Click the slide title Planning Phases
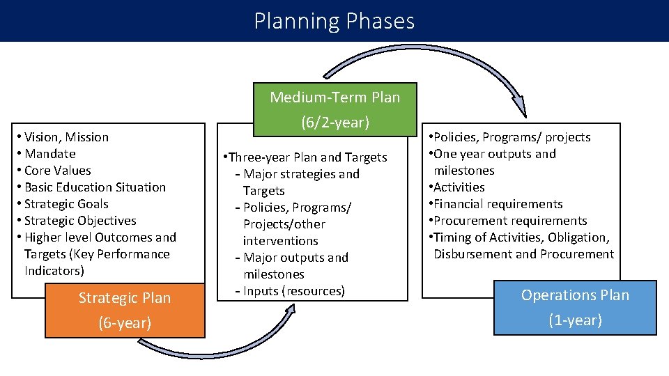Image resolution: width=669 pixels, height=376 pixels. [x=334, y=21]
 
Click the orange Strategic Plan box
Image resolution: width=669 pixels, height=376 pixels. [x=125, y=310]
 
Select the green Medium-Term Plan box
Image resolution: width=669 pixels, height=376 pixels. [x=335, y=109]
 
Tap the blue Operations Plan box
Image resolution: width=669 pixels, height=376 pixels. [x=575, y=308]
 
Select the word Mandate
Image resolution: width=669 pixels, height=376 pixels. [x=50, y=154]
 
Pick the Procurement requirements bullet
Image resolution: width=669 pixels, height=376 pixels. [x=509, y=221]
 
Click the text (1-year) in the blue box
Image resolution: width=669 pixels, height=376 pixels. [x=575, y=320]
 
